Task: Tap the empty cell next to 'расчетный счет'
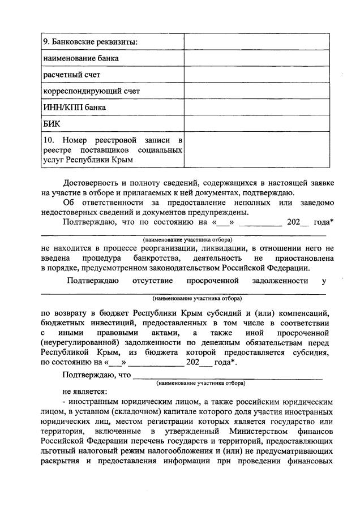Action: click(x=258, y=74)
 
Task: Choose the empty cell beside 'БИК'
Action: click(x=258, y=123)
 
